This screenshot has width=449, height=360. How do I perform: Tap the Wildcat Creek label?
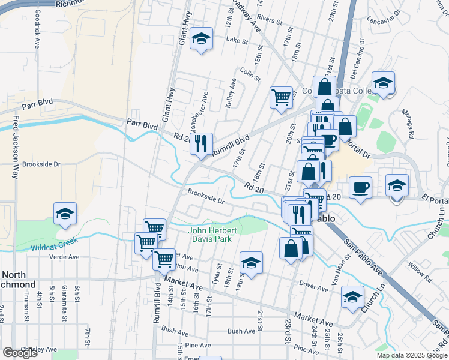click(x=55, y=244)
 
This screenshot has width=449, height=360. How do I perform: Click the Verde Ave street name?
click(x=65, y=257)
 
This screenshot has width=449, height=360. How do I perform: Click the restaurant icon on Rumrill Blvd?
click(x=202, y=143)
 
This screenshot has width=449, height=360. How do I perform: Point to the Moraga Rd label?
click(x=410, y=128)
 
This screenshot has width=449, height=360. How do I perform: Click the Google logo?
click(x=20, y=353)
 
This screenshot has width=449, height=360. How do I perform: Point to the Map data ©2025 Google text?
click(x=412, y=355)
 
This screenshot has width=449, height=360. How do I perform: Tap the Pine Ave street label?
click(x=198, y=345)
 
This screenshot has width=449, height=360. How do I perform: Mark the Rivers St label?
click(x=270, y=22)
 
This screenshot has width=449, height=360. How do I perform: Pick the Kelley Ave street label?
click(x=231, y=94)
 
